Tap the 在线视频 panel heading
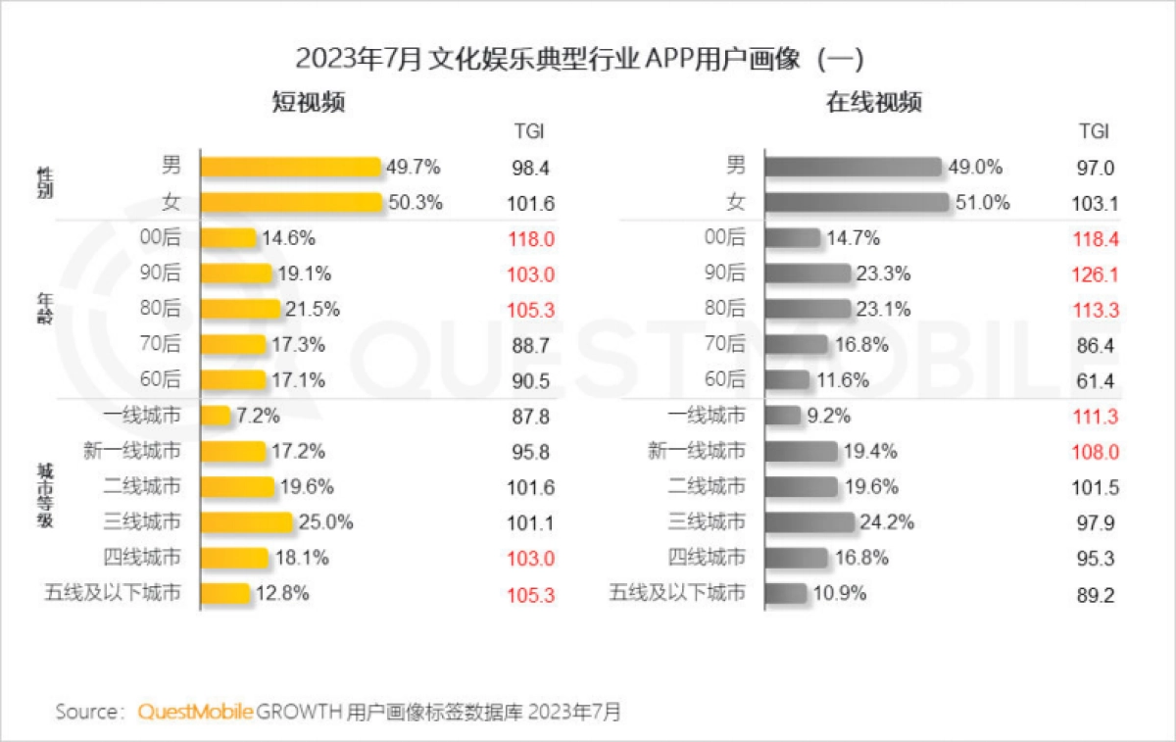pos(874,102)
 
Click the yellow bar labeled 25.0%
pos(246,522)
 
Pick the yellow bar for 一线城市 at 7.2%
pos(216,416)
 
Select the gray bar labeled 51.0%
pos(857,203)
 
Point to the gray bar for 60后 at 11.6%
pos(788,379)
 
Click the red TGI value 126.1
pos(1094,273)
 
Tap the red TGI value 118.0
pos(530,238)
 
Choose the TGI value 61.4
pos(1094,379)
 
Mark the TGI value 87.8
pos(530,416)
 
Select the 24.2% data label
pos(888,522)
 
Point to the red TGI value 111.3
pos(1094,416)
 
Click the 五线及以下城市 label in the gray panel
pos(677,593)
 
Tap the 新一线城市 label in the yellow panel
pos(133,451)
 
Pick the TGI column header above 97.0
pos(1094,131)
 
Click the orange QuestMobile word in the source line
pos(196,711)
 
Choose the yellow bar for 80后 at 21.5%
pos(240,309)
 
